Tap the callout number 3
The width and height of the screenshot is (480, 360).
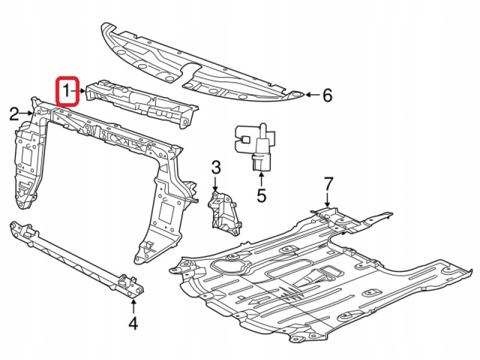coord(216,168)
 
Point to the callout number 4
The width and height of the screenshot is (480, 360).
coord(133,323)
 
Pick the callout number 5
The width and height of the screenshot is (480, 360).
coord(261,196)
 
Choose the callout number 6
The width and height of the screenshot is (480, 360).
coord(326,95)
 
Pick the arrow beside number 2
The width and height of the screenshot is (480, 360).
coord(31,113)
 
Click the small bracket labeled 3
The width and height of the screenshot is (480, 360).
coord(223,209)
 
